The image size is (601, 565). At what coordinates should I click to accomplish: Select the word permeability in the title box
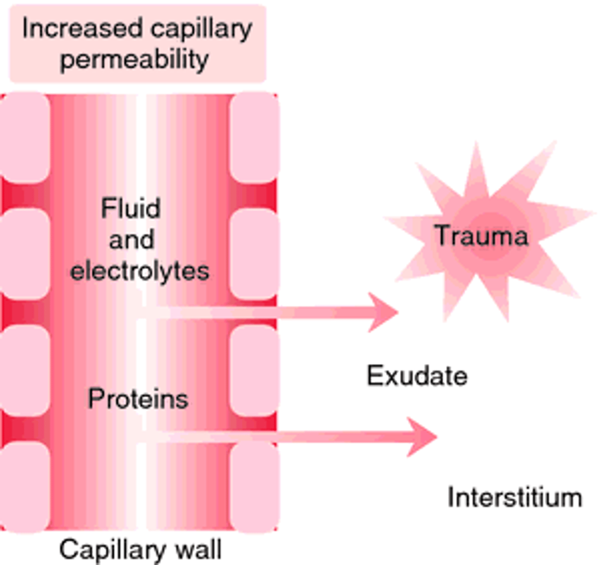(134, 60)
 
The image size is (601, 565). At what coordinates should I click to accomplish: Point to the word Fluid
(130, 208)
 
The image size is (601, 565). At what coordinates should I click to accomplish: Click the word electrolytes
(139, 271)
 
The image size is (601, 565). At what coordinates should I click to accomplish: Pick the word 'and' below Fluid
(131, 240)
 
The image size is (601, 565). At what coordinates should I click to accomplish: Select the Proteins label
(138, 399)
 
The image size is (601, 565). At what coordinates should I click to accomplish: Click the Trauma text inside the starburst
(480, 235)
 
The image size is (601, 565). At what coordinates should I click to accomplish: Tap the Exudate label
(417, 376)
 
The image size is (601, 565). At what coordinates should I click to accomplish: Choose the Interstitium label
(514, 498)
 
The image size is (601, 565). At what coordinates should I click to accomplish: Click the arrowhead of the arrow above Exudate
(384, 312)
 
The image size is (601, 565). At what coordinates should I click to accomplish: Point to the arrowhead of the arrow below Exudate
(423, 436)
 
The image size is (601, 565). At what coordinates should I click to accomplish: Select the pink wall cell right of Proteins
(254, 371)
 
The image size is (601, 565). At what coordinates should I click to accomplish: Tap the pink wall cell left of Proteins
(24, 371)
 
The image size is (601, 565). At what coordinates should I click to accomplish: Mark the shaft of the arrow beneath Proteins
(283, 437)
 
